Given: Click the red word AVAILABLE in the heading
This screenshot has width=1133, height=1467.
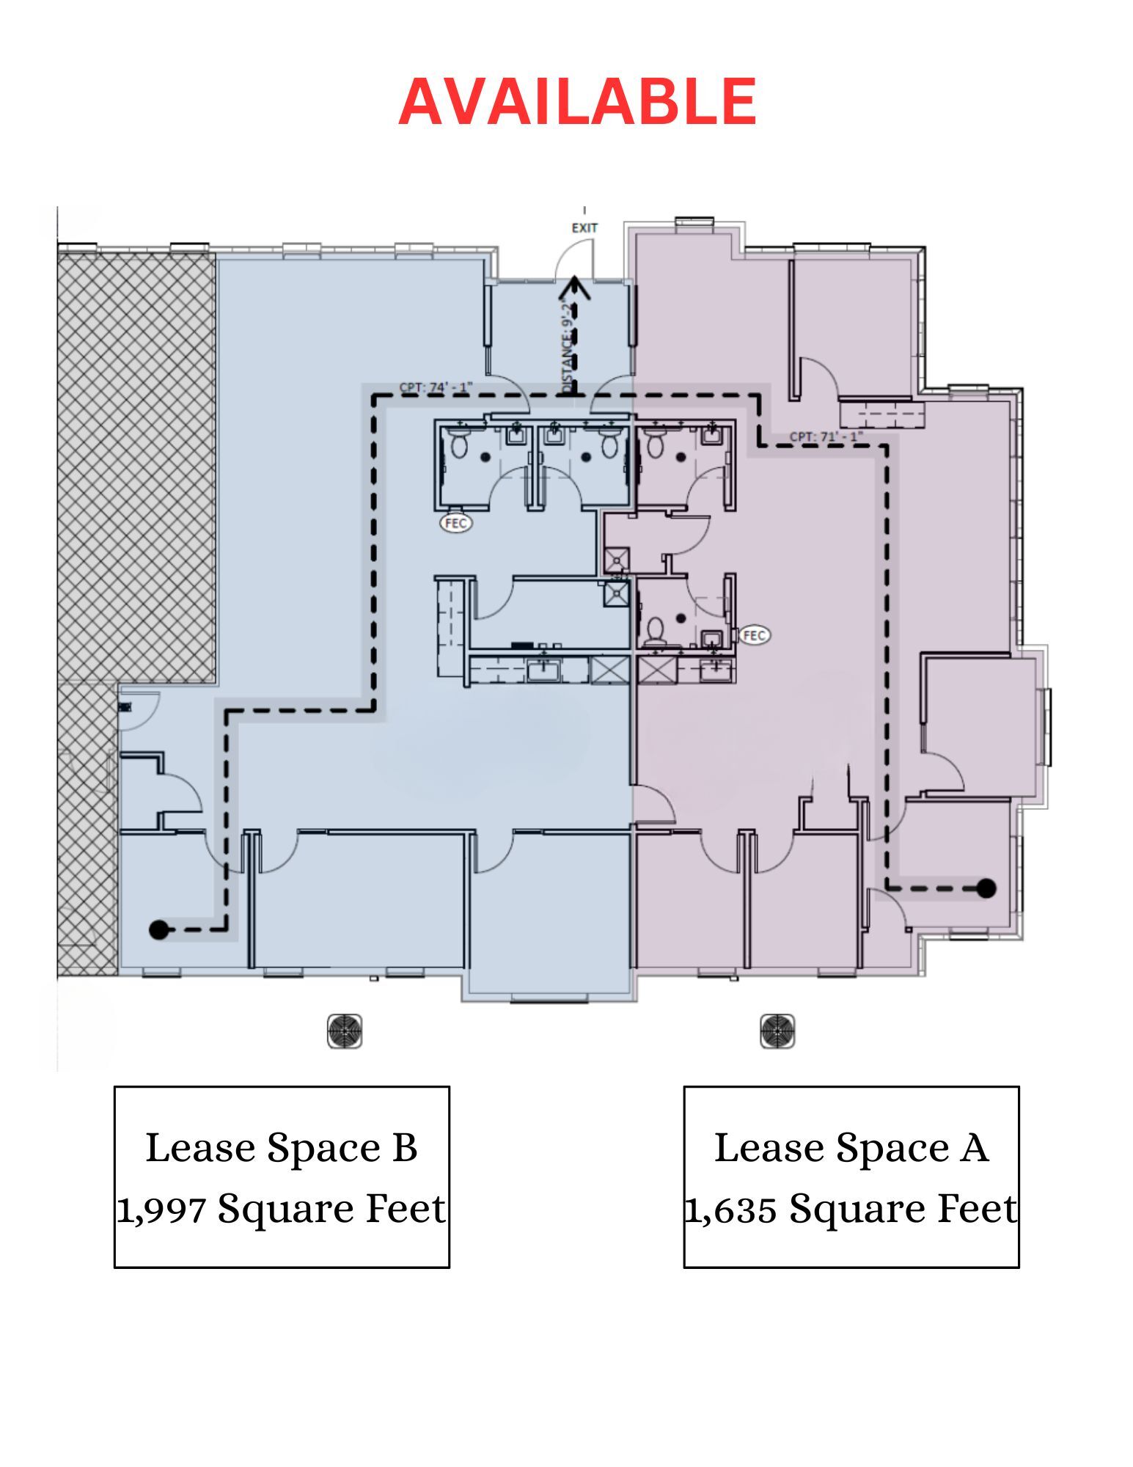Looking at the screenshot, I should pyautogui.click(x=577, y=101).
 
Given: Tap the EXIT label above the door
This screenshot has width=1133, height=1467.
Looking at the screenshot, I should pyautogui.click(x=584, y=228).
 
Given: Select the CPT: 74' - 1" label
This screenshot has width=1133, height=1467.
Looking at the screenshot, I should pyautogui.click(x=436, y=387).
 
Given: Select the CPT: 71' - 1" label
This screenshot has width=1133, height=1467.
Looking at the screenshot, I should pyautogui.click(x=826, y=436).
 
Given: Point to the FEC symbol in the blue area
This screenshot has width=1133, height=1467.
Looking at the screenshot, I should pyautogui.click(x=455, y=523).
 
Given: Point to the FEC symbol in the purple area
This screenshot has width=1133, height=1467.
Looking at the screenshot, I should pyautogui.click(x=755, y=635).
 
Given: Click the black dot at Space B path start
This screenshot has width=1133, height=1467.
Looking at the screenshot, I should pyautogui.click(x=158, y=930).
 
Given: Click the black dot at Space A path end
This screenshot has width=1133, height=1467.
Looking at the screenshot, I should pyautogui.click(x=986, y=888).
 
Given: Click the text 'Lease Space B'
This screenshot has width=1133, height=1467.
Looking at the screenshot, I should pyautogui.click(x=282, y=1148).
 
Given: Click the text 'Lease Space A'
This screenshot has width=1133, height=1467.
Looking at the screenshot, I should pyautogui.click(x=851, y=1148).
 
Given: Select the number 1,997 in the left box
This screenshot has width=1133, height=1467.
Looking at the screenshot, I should pyautogui.click(x=161, y=1209).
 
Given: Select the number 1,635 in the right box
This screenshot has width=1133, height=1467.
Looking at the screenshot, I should pyautogui.click(x=730, y=1209).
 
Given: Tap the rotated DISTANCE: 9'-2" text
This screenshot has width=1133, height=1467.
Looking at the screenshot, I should pyautogui.click(x=566, y=345).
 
